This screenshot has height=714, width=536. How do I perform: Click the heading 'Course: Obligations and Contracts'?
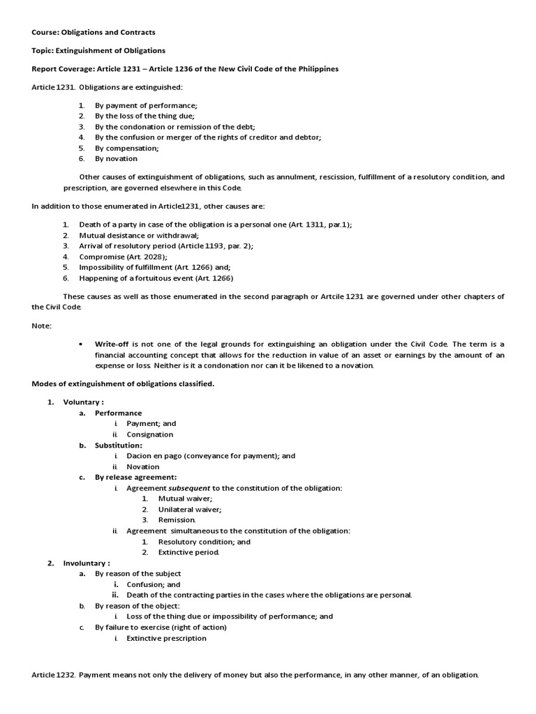click(94, 32)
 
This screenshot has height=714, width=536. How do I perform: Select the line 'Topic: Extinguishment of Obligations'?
click(98, 50)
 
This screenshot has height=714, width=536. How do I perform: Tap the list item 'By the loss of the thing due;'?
click(145, 116)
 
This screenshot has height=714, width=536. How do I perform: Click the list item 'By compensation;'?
click(127, 148)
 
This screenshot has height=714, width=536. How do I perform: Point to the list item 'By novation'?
click(117, 159)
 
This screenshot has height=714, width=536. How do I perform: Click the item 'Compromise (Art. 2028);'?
click(122, 257)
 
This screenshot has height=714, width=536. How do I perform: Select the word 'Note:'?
click(42, 326)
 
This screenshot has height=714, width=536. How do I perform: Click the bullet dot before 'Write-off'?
click(82, 344)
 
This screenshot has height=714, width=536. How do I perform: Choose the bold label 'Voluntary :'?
click(84, 402)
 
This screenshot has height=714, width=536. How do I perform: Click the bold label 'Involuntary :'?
click(87, 563)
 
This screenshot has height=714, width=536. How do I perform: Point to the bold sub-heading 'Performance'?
click(119, 413)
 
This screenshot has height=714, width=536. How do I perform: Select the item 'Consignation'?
click(149, 434)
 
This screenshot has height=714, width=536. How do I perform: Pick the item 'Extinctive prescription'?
click(166, 638)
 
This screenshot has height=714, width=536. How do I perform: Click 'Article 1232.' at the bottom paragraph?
click(54, 675)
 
